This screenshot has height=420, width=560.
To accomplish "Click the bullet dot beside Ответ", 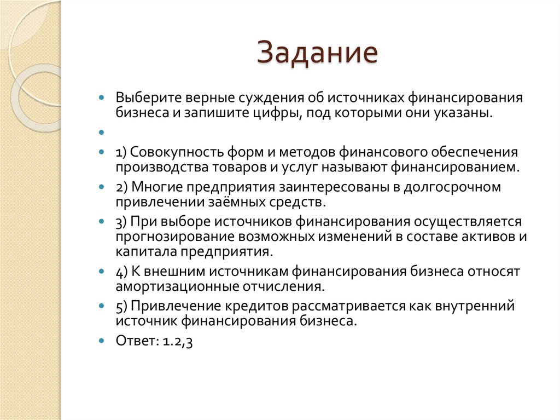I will coord(102,341).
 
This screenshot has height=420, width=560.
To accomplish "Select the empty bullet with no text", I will coord(102,133).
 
